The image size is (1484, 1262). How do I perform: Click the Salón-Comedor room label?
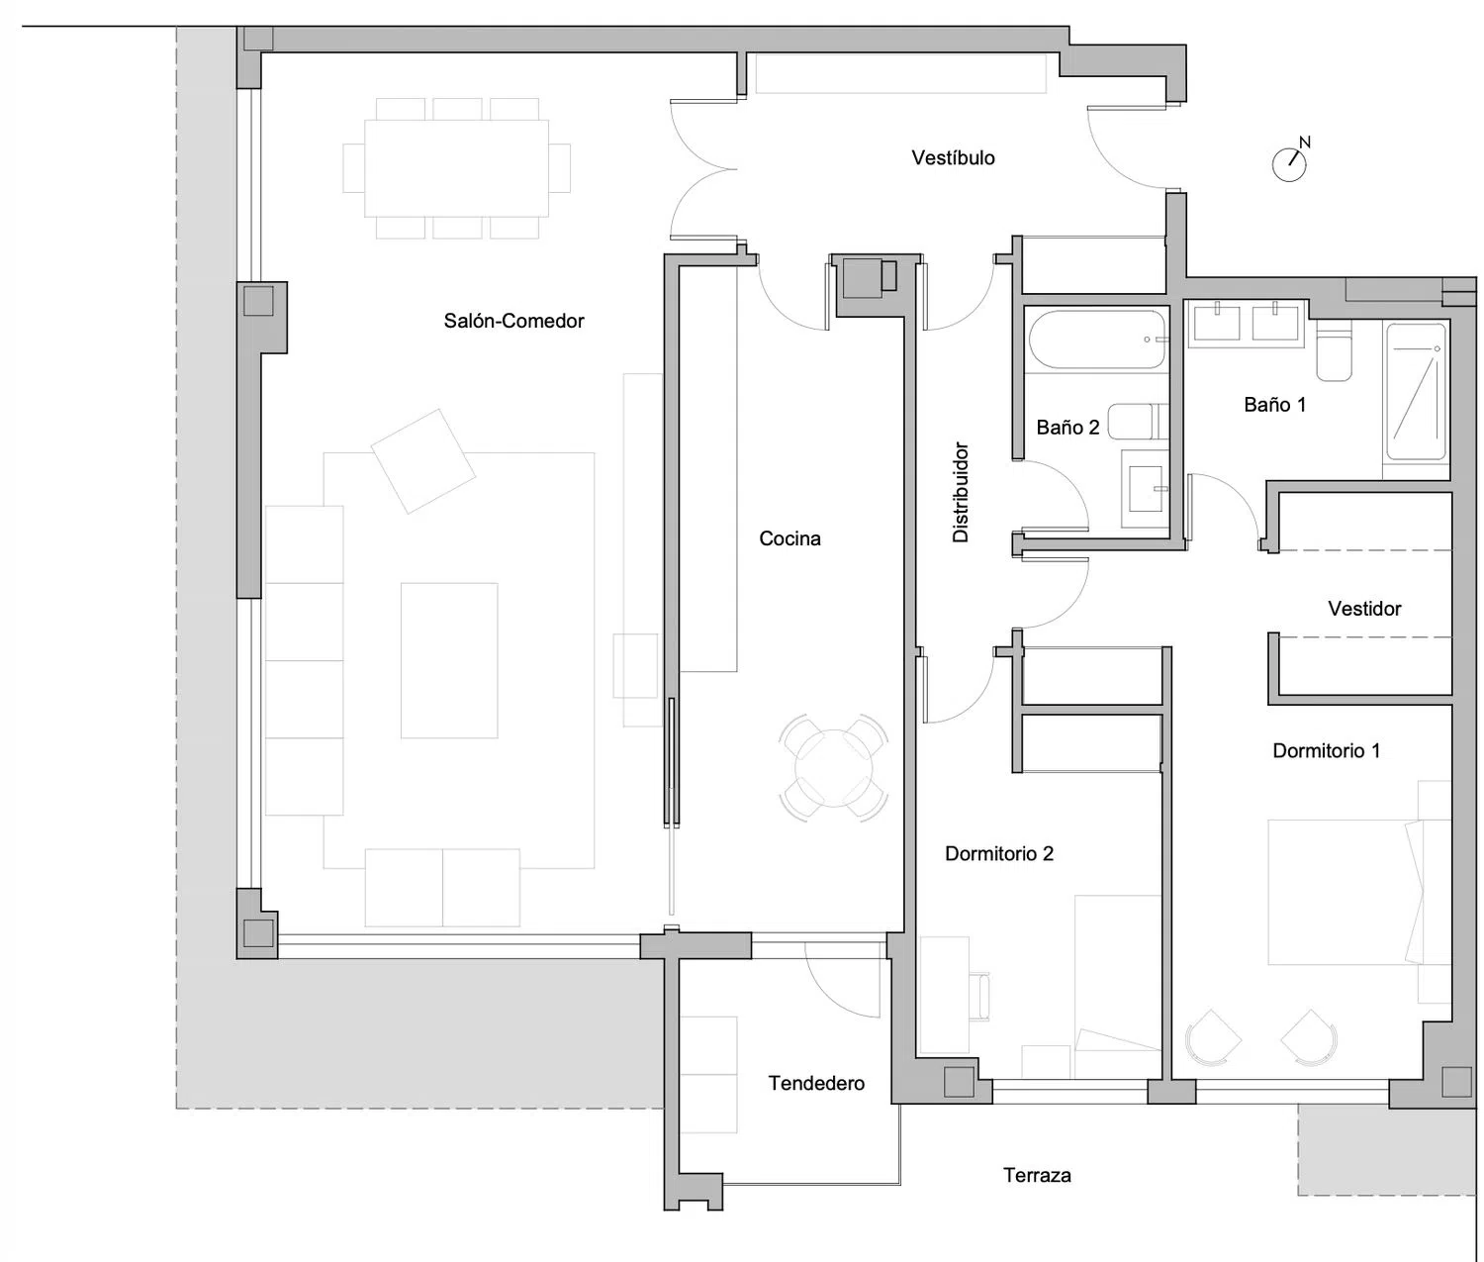click(x=513, y=321)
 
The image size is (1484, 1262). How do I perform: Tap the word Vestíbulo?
click(x=953, y=157)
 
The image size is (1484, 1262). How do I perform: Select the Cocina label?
click(x=789, y=538)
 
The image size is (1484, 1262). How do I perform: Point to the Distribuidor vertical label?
click(x=961, y=492)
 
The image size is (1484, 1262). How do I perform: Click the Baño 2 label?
click(x=1067, y=428)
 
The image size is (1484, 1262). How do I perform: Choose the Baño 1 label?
click(x=1274, y=405)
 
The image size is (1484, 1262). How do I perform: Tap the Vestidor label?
click(x=1364, y=609)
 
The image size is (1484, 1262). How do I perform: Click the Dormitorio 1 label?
click(x=1326, y=750)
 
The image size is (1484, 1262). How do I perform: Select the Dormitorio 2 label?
click(x=998, y=853)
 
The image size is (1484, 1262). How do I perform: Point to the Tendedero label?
click(x=816, y=1083)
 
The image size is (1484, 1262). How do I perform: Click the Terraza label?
click(x=1037, y=1175)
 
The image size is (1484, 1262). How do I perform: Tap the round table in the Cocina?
click(x=834, y=768)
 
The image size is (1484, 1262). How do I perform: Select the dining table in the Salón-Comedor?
click(x=457, y=168)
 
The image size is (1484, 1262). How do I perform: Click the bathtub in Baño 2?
click(x=1096, y=340)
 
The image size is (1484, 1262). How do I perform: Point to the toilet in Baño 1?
click(x=1334, y=349)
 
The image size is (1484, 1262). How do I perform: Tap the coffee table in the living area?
click(x=449, y=660)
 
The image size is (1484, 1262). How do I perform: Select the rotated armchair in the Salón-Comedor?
click(x=422, y=461)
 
